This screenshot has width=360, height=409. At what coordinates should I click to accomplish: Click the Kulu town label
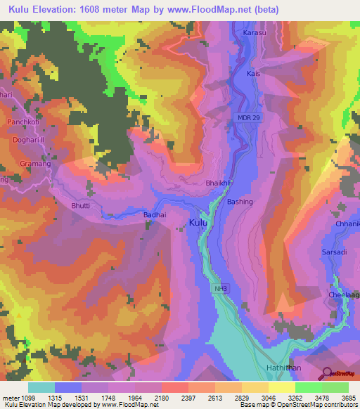click(x=198, y=223)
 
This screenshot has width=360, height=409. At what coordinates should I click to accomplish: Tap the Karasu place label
click(x=255, y=33)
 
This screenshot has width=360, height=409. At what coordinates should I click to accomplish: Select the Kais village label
click(x=254, y=73)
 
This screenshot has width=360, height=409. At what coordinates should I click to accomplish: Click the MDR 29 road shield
click(x=249, y=117)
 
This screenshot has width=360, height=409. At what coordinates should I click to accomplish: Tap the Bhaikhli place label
click(x=217, y=183)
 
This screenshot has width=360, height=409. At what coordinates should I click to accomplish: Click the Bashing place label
click(x=240, y=202)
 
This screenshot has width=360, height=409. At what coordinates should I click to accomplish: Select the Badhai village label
click(x=154, y=217)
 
